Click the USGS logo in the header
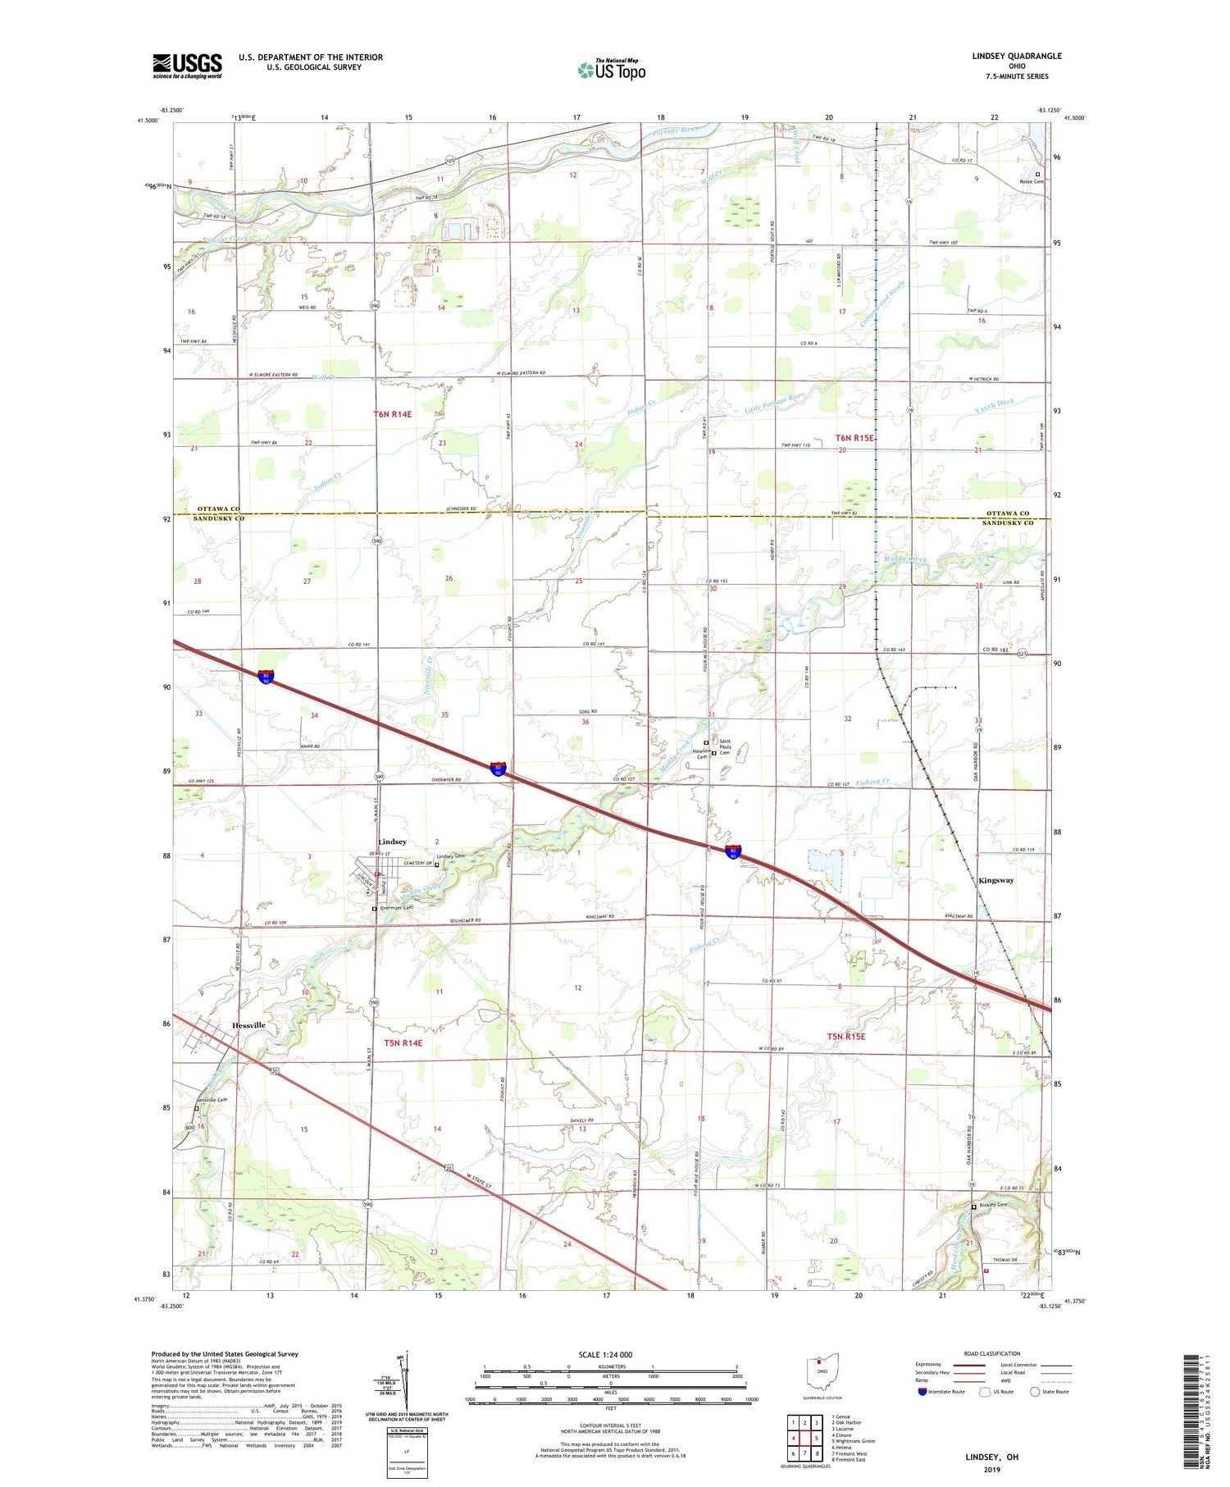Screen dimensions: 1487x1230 [187, 66]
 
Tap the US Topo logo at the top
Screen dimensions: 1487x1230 [612, 71]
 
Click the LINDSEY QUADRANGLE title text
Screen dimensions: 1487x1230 [1016, 56]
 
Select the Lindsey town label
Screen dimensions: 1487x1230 [392, 842]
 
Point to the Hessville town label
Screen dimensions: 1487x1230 [248, 1025]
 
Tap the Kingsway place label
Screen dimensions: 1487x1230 [995, 880]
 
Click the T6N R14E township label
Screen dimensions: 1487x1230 [392, 414]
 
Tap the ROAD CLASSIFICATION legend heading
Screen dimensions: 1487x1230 [992, 1353]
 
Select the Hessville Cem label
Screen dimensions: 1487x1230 [211, 1100]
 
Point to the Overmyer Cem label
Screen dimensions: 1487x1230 [395, 908]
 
